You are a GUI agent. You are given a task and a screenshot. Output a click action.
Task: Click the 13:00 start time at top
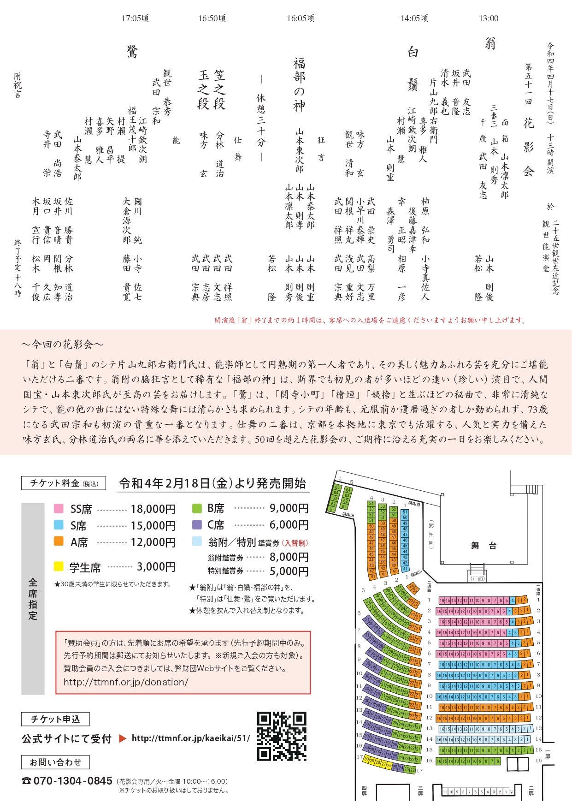tap(488, 18)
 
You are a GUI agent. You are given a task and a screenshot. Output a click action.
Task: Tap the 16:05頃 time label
tap(301, 18)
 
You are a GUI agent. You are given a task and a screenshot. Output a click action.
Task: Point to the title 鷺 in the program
tap(132, 52)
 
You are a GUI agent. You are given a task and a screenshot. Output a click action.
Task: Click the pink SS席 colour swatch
tap(59, 509)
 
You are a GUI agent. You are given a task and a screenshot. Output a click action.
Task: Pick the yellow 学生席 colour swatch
tap(59, 566)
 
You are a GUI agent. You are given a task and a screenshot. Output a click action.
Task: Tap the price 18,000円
tap(153, 509)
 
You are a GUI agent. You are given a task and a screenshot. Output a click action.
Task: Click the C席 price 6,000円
tap(289, 525)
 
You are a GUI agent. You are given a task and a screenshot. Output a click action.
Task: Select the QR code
tap(282, 736)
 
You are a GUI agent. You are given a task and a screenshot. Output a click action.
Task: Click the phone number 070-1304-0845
tap(73, 781)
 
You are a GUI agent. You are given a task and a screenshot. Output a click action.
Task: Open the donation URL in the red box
tap(126, 682)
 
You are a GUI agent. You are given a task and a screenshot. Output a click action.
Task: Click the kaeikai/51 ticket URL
tap(191, 738)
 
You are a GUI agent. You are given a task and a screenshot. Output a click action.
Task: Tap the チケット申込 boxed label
tap(55, 719)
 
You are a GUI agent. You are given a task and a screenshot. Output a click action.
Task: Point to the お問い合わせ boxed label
tap(55, 762)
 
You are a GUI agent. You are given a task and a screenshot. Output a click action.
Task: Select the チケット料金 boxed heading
tap(64, 483)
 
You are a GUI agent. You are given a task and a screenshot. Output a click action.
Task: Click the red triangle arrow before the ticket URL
tap(123, 738)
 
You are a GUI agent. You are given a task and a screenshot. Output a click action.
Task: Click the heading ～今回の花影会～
tap(62, 344)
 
